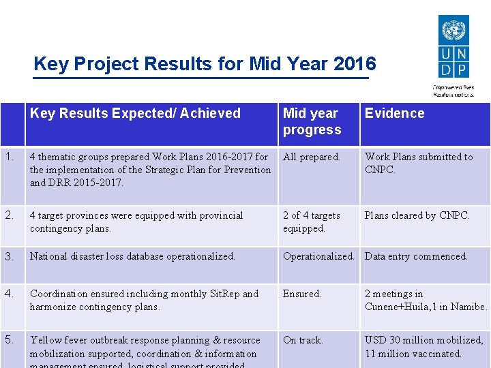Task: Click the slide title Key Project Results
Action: (x=204, y=64)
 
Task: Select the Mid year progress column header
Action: (x=311, y=121)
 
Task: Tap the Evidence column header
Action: (x=394, y=113)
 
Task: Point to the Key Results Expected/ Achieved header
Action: (x=135, y=113)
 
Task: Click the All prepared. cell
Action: (x=311, y=157)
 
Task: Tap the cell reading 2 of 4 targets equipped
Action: (x=311, y=221)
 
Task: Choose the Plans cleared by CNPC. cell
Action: (x=417, y=215)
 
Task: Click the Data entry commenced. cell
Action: (x=416, y=256)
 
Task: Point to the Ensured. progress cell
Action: (x=301, y=294)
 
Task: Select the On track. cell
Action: (x=303, y=340)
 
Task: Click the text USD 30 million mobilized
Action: (x=423, y=340)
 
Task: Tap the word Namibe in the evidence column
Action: (x=468, y=307)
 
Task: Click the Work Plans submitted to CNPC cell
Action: (x=418, y=163)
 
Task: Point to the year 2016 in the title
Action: (x=355, y=64)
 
